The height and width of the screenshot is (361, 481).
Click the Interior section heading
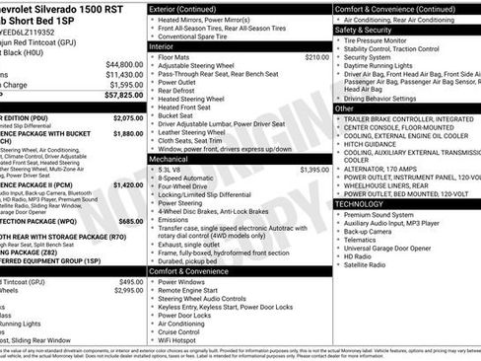(x=162, y=46)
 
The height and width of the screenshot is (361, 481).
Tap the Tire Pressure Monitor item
(x=391, y=39)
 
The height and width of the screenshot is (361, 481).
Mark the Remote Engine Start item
(x=191, y=290)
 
